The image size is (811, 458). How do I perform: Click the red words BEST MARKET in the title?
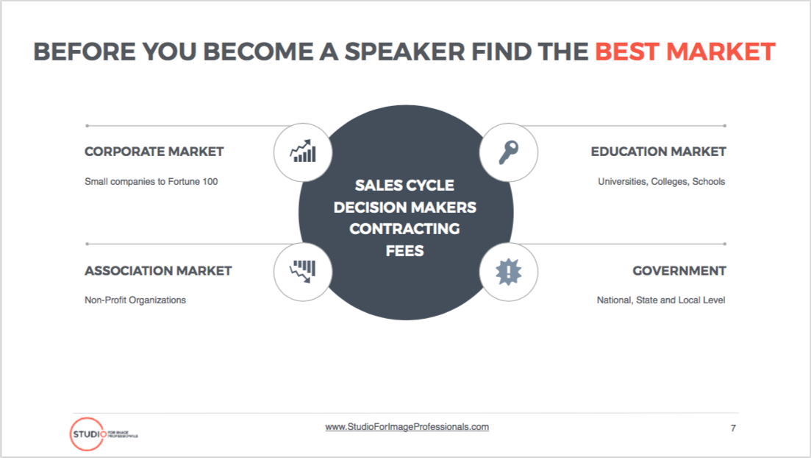coord(685,52)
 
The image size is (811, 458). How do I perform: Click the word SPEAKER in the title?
coord(405,52)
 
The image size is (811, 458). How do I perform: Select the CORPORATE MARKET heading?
coord(154,152)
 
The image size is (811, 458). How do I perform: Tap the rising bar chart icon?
coord(303,151)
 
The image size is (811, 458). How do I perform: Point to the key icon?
coord(508,152)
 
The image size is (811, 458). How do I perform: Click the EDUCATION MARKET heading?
coord(658,152)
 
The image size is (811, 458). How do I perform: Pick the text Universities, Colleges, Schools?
coord(662,182)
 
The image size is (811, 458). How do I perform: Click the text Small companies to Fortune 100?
coord(151,182)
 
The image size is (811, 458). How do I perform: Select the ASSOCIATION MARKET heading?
coord(158,271)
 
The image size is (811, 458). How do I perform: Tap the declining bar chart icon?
coord(303,271)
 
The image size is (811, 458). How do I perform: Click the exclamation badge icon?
coord(508,272)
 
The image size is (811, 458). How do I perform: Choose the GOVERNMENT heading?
coord(679,271)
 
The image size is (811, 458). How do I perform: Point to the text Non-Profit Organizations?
coord(135,300)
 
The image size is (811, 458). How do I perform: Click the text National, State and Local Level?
coord(661,300)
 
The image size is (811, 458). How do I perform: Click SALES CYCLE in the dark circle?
coord(404,186)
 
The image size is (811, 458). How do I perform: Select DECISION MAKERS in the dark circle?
coord(405,208)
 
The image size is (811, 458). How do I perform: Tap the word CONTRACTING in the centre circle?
coord(404,229)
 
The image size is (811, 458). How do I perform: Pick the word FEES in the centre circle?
coord(404,251)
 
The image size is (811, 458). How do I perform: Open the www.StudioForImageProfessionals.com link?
coord(407,427)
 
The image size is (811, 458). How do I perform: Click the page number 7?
coord(733,428)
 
